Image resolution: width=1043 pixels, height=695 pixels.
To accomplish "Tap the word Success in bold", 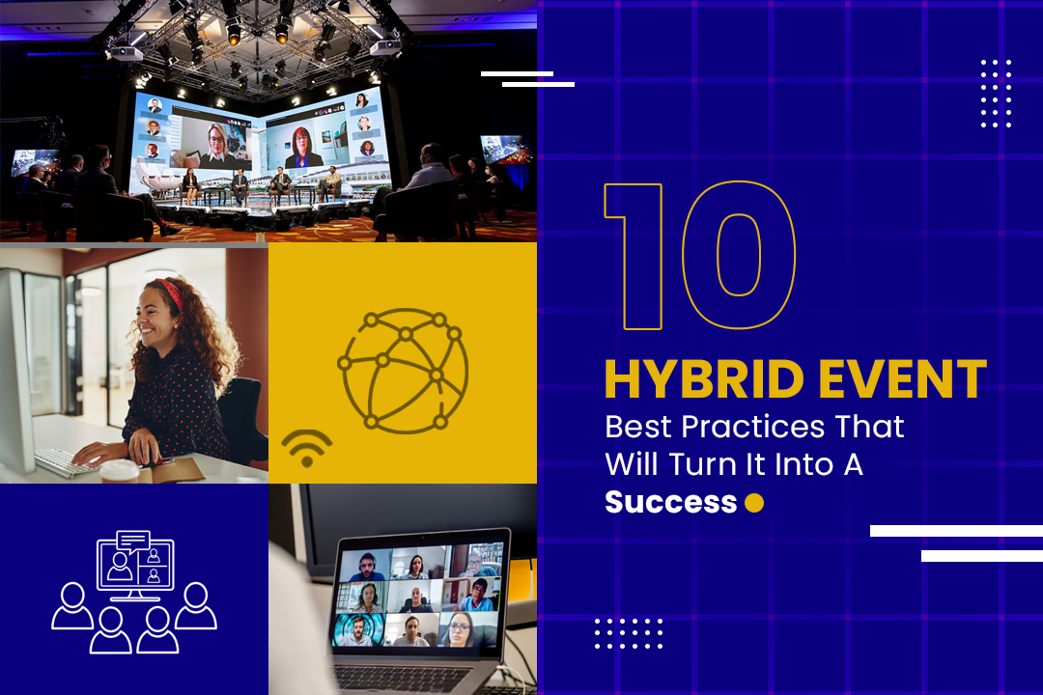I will pos(670,503).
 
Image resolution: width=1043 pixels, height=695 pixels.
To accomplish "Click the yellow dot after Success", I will pos(754,503).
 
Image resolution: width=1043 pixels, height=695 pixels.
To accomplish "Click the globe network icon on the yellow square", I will pos(403,369).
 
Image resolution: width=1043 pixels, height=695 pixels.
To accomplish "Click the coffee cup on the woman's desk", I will pos(120,471).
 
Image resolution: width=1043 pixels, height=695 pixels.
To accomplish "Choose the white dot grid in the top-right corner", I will pos(996,93).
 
